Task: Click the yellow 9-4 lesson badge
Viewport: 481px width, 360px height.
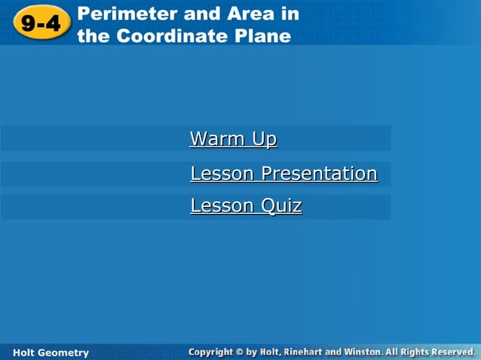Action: (x=41, y=23)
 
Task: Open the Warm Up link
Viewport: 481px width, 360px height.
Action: (x=233, y=139)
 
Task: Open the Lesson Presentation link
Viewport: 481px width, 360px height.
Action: (x=283, y=174)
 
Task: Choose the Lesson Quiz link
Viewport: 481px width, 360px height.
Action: (x=246, y=206)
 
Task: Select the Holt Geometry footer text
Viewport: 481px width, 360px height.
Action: (x=51, y=352)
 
